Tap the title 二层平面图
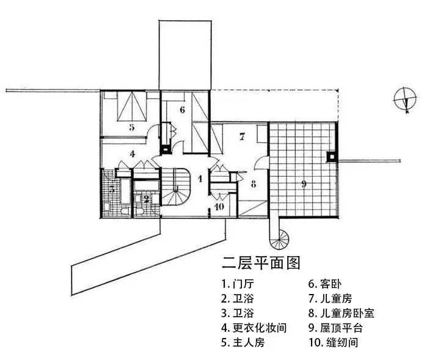point(261,264)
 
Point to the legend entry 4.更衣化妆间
point(254,328)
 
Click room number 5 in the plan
point(131,128)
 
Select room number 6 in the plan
point(182,110)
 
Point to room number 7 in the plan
point(242,137)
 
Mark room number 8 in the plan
point(252,183)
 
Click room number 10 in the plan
point(220,207)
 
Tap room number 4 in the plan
point(131,154)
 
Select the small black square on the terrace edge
point(331,156)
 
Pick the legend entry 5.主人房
point(243,342)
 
